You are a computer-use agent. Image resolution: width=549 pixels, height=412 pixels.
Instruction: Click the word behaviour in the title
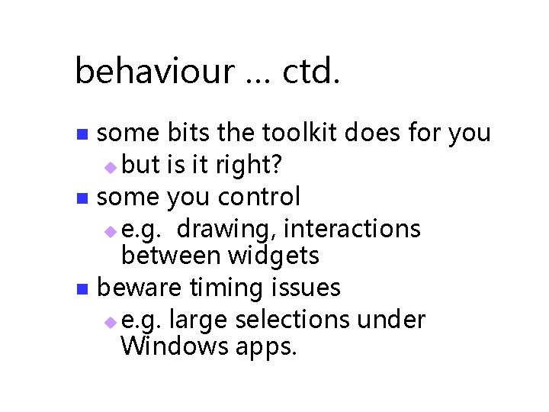154,72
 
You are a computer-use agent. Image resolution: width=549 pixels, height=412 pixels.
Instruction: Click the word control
259,197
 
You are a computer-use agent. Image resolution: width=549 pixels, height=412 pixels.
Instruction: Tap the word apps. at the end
264,348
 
